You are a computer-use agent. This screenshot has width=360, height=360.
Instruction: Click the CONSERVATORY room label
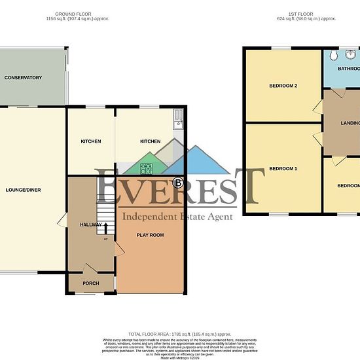click(x=23, y=78)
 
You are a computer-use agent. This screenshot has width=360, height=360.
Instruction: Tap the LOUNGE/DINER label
click(x=24, y=190)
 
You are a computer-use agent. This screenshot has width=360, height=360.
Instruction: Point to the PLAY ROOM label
click(x=150, y=235)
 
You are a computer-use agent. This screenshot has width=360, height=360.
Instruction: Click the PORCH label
click(x=91, y=283)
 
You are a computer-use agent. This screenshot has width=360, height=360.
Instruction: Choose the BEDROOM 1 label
click(x=283, y=169)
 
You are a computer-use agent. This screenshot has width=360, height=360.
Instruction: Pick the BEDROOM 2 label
click(x=283, y=86)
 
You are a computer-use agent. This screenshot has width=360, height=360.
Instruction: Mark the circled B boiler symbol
click(x=177, y=182)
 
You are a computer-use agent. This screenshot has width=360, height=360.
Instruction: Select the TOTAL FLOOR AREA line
click(x=179, y=334)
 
